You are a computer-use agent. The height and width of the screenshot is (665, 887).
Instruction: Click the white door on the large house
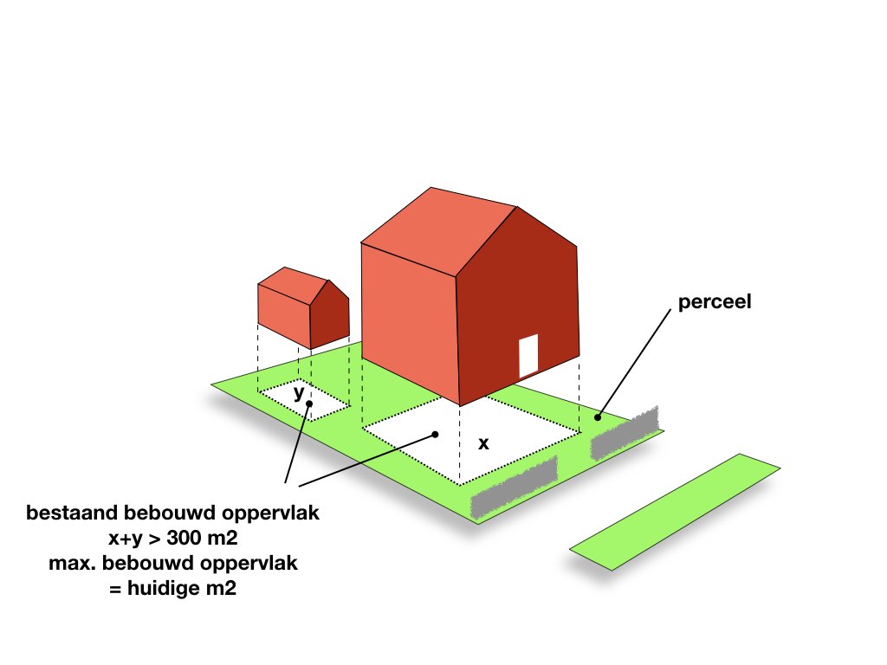click(x=528, y=356)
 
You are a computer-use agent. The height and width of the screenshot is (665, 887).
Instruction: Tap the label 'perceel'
click(x=715, y=301)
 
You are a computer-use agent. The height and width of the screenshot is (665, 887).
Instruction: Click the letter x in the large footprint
click(x=483, y=443)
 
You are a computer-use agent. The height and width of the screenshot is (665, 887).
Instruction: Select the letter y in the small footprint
click(x=299, y=392)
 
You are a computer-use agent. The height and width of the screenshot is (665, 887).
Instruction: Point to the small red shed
click(x=303, y=308)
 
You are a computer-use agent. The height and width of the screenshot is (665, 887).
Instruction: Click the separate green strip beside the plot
click(x=675, y=512)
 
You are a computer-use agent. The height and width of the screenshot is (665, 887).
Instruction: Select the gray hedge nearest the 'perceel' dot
click(x=625, y=432)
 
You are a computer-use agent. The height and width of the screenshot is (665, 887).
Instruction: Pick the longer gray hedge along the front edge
click(x=515, y=487)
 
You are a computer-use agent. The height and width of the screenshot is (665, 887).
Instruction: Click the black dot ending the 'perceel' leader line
click(x=598, y=417)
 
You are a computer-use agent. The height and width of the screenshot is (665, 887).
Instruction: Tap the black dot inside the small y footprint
click(x=309, y=404)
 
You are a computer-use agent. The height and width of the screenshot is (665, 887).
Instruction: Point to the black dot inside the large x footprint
click(x=435, y=435)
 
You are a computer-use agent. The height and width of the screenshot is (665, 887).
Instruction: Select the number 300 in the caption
click(x=185, y=537)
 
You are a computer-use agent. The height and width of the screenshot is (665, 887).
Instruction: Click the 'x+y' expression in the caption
click(x=125, y=539)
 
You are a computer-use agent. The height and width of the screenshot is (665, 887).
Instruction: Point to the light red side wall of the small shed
click(x=284, y=315)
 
